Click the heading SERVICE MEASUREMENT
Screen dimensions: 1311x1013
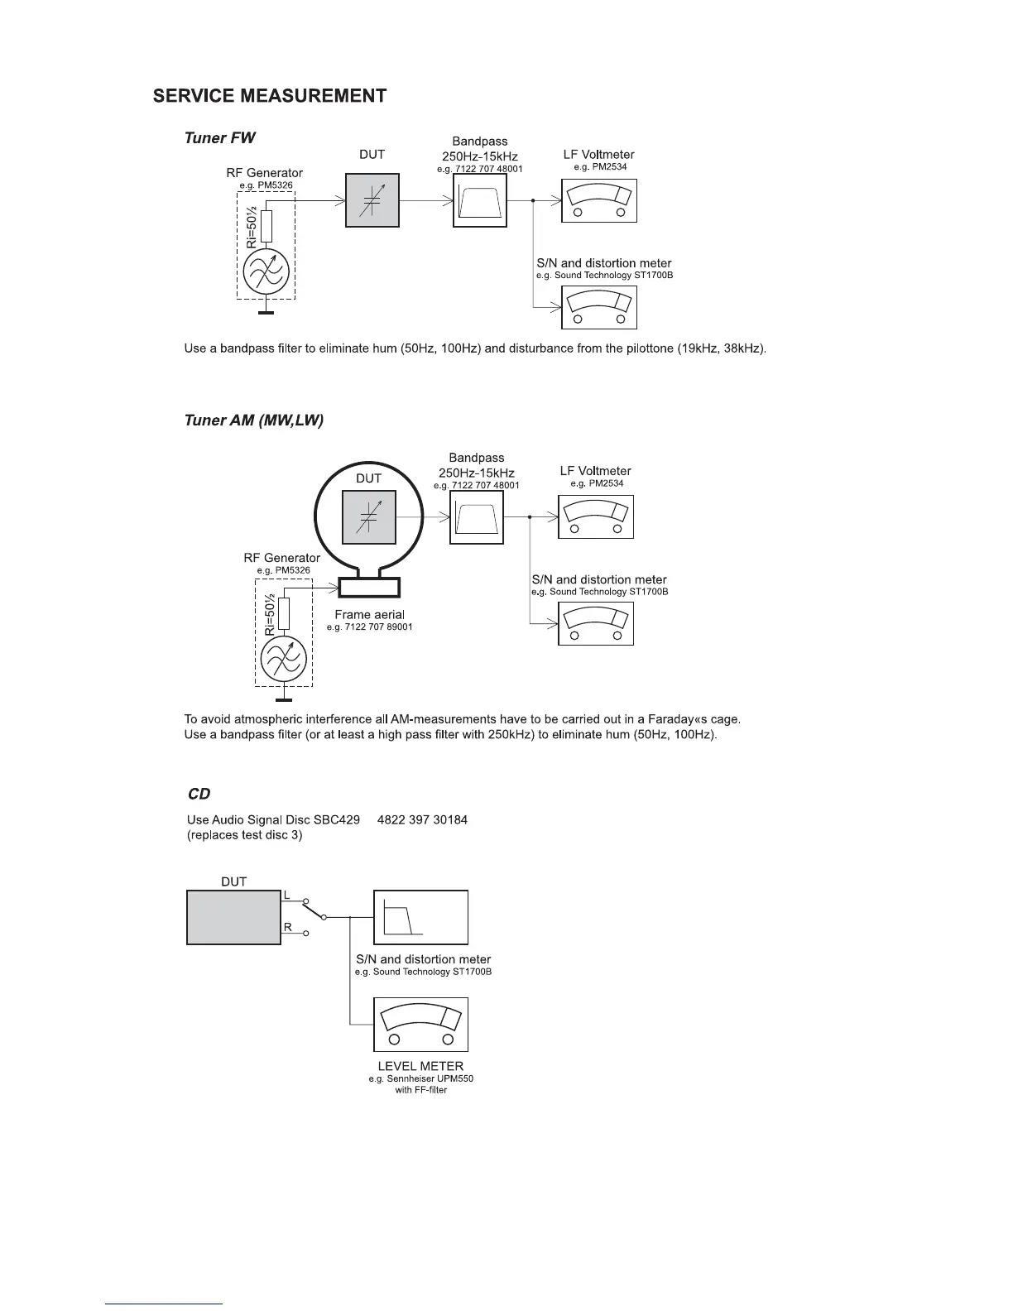click(269, 96)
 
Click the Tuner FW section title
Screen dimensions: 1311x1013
click(219, 137)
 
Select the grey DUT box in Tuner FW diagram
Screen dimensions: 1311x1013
click(372, 200)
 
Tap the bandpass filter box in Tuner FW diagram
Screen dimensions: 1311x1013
click(480, 200)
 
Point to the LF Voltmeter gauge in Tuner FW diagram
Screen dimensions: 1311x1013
click(599, 201)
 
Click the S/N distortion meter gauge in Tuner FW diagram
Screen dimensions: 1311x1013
click(599, 308)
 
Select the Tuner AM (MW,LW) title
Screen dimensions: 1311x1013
click(253, 420)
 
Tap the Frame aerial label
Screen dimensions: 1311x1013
click(369, 615)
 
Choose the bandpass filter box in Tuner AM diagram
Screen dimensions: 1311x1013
click(477, 517)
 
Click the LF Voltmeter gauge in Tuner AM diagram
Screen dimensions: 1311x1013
click(596, 517)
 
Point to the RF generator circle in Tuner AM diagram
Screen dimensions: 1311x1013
click(284, 659)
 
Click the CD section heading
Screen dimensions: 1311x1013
click(199, 795)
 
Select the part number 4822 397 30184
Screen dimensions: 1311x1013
click(422, 820)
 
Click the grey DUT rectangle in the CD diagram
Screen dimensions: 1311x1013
click(234, 917)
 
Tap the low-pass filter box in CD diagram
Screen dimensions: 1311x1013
click(420, 917)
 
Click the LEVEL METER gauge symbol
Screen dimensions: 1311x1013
click(420, 1025)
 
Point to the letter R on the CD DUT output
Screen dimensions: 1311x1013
click(288, 928)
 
